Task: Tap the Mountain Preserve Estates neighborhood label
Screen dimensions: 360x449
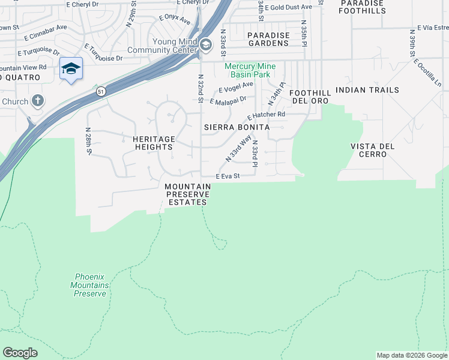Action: [x=187, y=194]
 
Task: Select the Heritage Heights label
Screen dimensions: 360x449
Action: [x=154, y=143]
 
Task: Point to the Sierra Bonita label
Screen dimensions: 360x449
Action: [x=237, y=127]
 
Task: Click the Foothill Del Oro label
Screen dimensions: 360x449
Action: [x=309, y=97]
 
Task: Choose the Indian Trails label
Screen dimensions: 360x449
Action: [x=367, y=90]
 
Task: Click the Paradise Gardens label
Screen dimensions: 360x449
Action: [x=268, y=39]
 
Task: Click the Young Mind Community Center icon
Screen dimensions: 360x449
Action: [x=206, y=45]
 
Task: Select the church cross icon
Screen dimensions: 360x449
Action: [x=38, y=101]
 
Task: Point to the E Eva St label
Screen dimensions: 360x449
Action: [x=228, y=176]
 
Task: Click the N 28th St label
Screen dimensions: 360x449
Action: [x=88, y=140]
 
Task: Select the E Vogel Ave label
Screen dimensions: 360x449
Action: [x=236, y=88]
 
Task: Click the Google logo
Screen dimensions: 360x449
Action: [x=20, y=353]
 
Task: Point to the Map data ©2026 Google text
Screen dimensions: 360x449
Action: [x=411, y=355]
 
